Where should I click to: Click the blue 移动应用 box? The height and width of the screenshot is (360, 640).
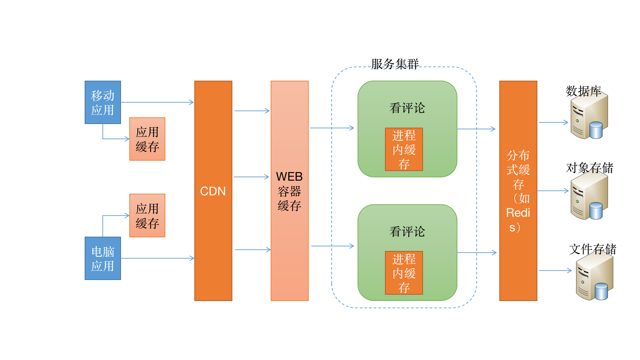coord(103,102)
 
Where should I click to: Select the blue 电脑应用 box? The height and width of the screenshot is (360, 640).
coord(103,258)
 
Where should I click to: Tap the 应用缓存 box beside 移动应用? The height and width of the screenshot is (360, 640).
coord(147,139)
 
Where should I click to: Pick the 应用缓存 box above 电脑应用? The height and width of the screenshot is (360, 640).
coord(147,215)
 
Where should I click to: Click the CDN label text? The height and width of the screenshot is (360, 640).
coord(213,191)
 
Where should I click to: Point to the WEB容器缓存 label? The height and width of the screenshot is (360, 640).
coord(289,191)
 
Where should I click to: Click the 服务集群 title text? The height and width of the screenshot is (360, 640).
coord(395,64)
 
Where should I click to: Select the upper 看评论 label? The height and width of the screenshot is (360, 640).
coord(407,108)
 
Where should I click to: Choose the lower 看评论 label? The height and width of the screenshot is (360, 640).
coord(407,232)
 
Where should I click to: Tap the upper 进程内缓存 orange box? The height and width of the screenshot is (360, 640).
coord(404,149)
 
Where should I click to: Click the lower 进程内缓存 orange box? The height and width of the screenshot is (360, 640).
coord(404,273)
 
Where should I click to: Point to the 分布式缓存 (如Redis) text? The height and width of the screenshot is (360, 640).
coord(518,191)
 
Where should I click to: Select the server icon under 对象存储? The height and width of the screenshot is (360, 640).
coord(589,197)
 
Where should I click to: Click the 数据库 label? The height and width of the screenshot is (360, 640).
coord(583,91)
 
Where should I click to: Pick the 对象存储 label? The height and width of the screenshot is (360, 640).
coord(589,168)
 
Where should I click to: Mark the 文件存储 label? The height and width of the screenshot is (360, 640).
coord(592,249)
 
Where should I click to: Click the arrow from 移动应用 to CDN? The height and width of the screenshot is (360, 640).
coord(157,102)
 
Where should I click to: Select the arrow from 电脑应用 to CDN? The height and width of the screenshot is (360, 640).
coord(157,258)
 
